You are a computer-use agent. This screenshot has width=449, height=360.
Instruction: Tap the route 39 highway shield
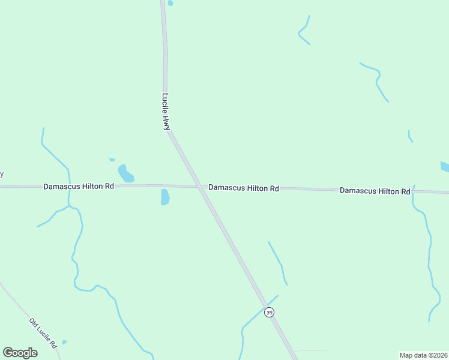[x=269, y=313]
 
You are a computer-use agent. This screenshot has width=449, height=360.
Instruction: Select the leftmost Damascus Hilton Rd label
[x=79, y=187]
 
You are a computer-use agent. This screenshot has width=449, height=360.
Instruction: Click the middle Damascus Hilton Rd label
[x=244, y=188]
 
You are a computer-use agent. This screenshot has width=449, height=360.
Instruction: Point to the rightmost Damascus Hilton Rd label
[x=375, y=191]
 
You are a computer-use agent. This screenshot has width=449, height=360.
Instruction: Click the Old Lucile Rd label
[x=43, y=334]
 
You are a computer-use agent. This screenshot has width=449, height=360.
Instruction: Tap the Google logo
[x=20, y=352]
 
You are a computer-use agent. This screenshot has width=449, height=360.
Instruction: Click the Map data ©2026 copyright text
[x=423, y=355]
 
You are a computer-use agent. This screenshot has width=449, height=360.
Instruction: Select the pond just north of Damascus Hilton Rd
[x=125, y=173]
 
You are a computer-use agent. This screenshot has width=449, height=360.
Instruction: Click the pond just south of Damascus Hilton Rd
[x=165, y=197]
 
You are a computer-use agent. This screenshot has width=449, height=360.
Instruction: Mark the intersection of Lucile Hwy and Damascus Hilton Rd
[x=199, y=187]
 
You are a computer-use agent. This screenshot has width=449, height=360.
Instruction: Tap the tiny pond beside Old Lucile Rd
[x=64, y=342]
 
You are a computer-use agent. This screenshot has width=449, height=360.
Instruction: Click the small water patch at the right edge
[x=444, y=167]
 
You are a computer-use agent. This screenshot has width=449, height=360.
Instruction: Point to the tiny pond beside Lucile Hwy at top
[x=170, y=3]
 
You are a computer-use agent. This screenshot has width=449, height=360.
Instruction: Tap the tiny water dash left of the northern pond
[x=112, y=160]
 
